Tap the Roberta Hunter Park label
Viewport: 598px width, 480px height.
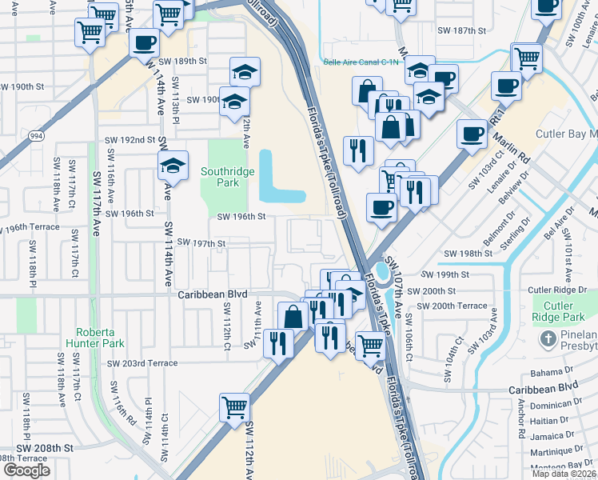click(101, 337)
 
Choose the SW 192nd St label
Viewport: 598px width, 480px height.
click(130, 140)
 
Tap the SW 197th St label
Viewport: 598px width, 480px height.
click(201, 242)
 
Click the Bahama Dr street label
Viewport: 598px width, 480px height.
click(548, 374)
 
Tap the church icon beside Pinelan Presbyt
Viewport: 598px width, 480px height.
click(548, 339)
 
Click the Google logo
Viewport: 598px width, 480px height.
click(26, 470)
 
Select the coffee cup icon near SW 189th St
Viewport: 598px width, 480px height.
click(145, 43)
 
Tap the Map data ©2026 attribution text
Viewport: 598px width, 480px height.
click(564, 474)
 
